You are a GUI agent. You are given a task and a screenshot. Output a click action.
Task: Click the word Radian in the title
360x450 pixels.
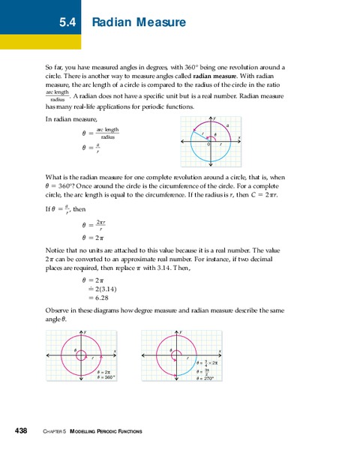tap(113, 23)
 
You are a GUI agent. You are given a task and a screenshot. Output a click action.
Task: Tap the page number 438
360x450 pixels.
tap(21, 430)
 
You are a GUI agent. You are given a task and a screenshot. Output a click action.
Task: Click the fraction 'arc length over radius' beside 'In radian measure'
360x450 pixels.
tap(108, 133)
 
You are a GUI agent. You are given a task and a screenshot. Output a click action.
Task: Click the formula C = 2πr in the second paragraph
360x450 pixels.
tap(271, 193)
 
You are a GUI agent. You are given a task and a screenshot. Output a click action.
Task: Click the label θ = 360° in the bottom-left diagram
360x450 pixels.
tap(105, 378)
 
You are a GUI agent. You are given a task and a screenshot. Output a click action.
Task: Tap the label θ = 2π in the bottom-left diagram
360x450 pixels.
tap(104, 372)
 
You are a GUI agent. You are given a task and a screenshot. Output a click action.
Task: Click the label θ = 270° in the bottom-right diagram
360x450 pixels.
tap(204, 379)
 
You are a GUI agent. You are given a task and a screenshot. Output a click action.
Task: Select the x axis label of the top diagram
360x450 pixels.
tap(238, 136)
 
